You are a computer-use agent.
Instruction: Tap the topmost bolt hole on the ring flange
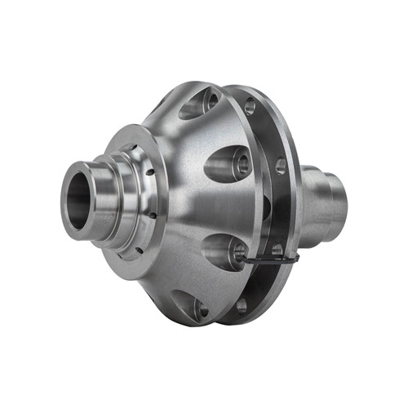click(250, 106)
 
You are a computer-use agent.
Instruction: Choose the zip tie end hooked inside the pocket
click(238, 255)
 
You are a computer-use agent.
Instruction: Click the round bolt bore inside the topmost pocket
click(211, 101)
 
